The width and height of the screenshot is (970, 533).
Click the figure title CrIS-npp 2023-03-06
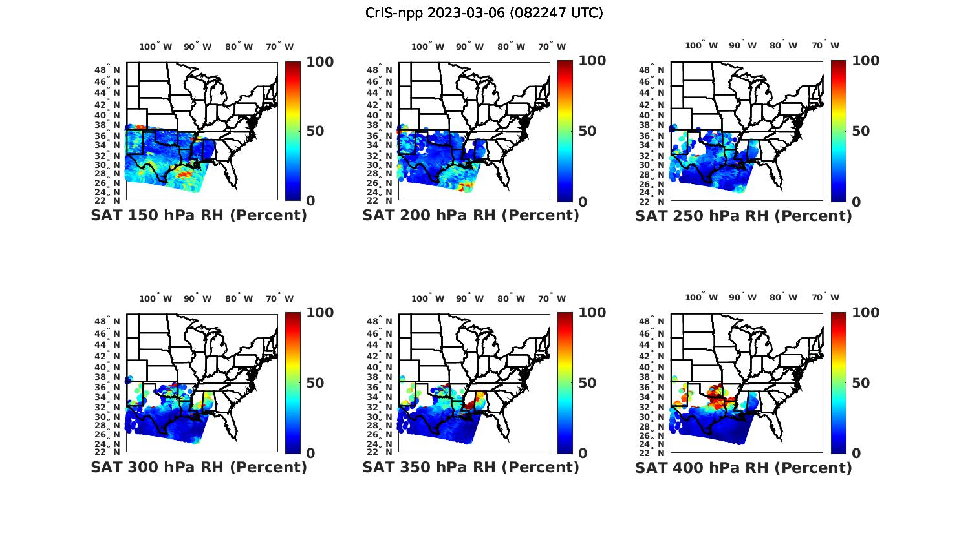pos(484,13)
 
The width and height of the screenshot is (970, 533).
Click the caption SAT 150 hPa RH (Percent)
pos(199,216)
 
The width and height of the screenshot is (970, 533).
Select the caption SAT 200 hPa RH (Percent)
pos(471,216)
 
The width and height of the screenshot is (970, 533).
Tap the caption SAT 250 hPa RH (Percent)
pos(744,216)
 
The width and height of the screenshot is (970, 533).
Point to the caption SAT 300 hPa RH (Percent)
pos(199,467)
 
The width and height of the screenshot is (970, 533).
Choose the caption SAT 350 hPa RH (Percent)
pos(471,467)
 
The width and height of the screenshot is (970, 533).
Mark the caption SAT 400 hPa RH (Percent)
pos(744,467)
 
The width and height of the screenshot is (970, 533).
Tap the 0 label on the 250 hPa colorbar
pos(856,202)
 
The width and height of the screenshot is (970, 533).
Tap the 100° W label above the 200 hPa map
pos(427,47)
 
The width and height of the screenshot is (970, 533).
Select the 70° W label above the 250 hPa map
pos(825,45)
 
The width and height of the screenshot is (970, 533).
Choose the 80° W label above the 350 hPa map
pos(511,298)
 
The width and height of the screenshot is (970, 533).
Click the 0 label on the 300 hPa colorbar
pos(310,454)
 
